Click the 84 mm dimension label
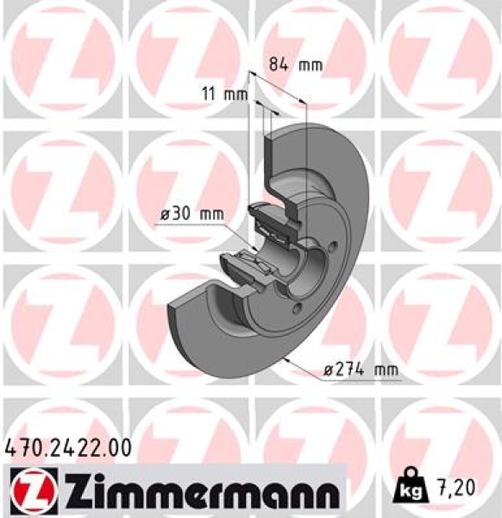(x=283, y=64)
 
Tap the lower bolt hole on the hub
(x=297, y=308)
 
